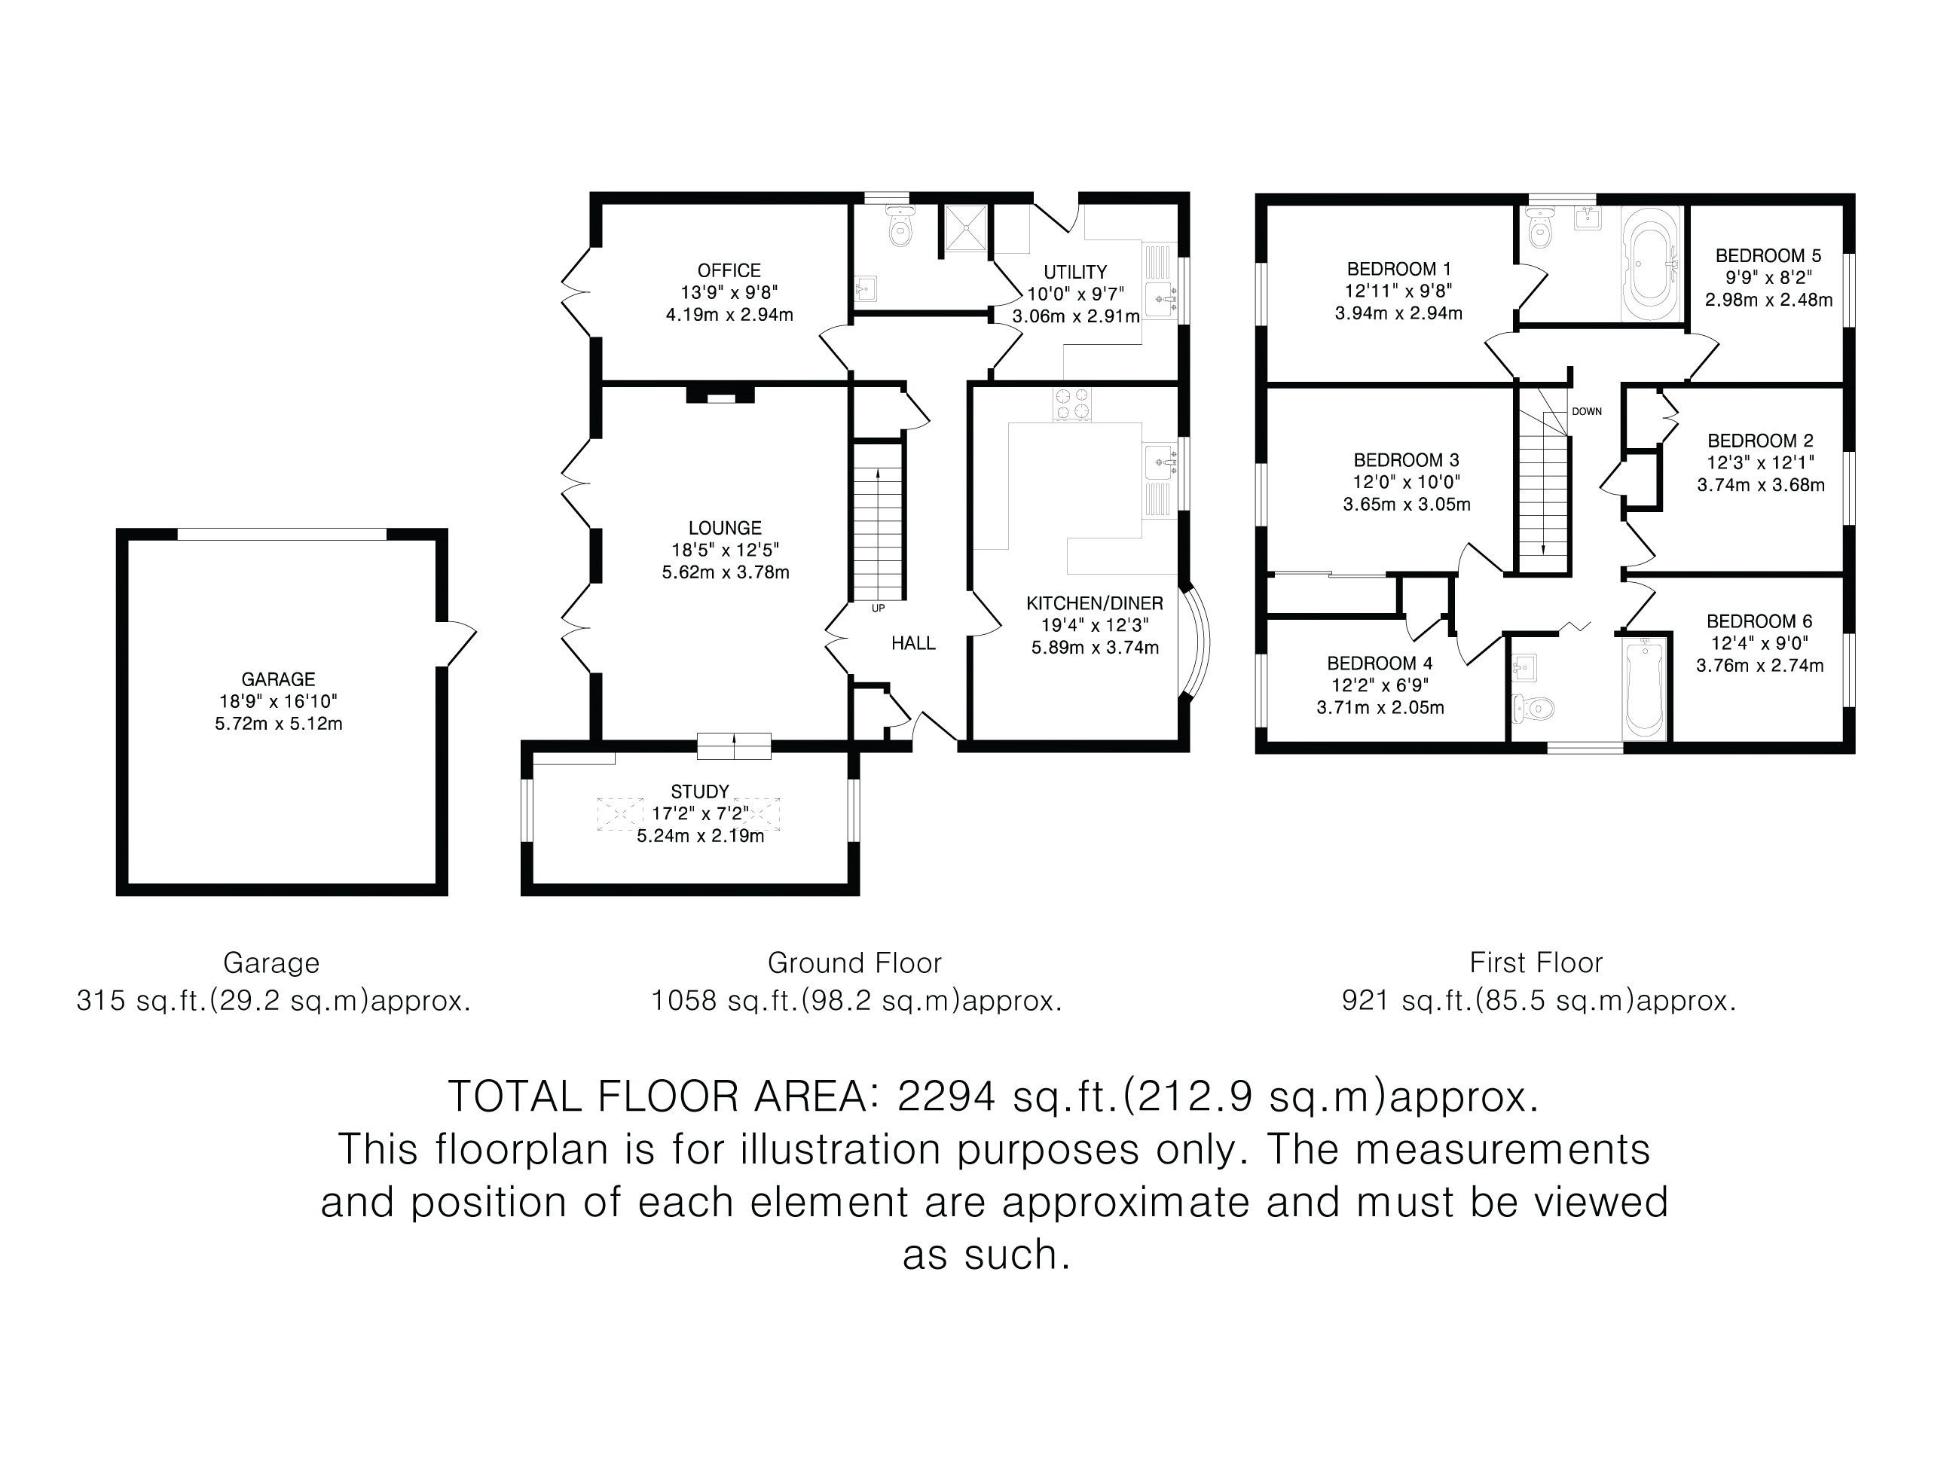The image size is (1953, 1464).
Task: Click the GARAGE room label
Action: pos(278,679)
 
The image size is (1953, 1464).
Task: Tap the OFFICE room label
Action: pos(729,271)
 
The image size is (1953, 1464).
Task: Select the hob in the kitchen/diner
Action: pos(1073,404)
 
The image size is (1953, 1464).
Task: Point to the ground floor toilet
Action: pos(900,228)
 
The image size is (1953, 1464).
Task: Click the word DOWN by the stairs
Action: pos(1586,412)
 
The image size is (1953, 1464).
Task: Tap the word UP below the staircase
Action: pos(878,608)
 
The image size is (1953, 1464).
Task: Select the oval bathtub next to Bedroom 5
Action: pos(1651,262)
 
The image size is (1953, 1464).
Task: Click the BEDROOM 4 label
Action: pos(1379,663)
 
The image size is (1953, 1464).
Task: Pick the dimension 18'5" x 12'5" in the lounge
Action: pos(725,551)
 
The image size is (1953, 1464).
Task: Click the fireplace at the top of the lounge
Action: pos(720,394)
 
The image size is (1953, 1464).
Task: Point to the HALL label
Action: pos(913,643)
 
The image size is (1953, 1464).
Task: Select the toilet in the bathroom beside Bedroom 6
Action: pos(1535,707)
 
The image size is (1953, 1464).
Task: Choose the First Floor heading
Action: pos(1536,962)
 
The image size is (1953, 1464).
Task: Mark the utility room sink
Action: pos(1161,300)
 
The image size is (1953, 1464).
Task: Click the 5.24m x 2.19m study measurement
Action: pos(700,836)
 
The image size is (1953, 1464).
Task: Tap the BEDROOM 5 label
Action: pos(1768,256)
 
